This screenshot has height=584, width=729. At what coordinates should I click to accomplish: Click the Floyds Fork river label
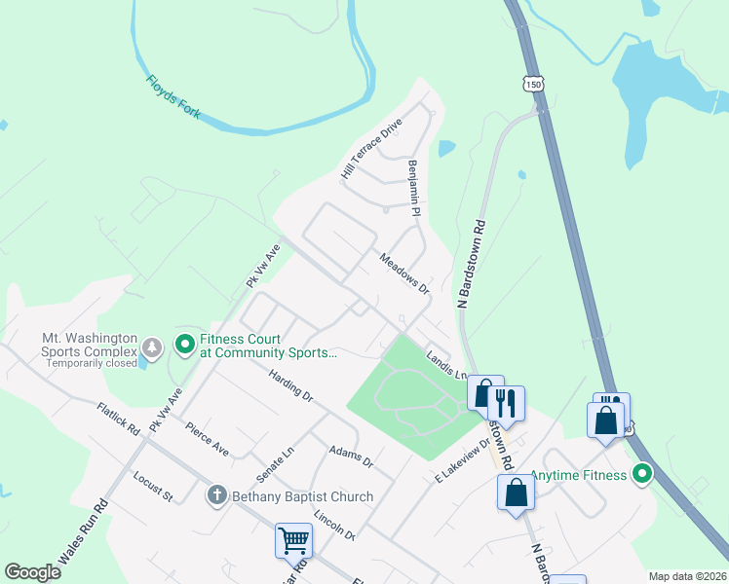173,97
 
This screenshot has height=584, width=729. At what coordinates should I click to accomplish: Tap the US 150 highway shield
532,85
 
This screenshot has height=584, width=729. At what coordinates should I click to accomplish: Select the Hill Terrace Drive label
371,148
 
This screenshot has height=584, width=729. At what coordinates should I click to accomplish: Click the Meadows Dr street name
404,274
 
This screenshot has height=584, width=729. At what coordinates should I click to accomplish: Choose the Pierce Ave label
207,438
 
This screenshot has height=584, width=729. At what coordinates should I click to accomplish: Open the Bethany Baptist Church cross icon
217,496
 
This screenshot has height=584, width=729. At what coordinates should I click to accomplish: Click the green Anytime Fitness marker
642,476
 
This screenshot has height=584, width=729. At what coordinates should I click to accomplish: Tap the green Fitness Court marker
184,344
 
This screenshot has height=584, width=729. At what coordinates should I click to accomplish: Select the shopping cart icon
293,539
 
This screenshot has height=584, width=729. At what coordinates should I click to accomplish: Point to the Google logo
33,571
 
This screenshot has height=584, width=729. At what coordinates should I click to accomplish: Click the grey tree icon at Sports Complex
151,347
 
